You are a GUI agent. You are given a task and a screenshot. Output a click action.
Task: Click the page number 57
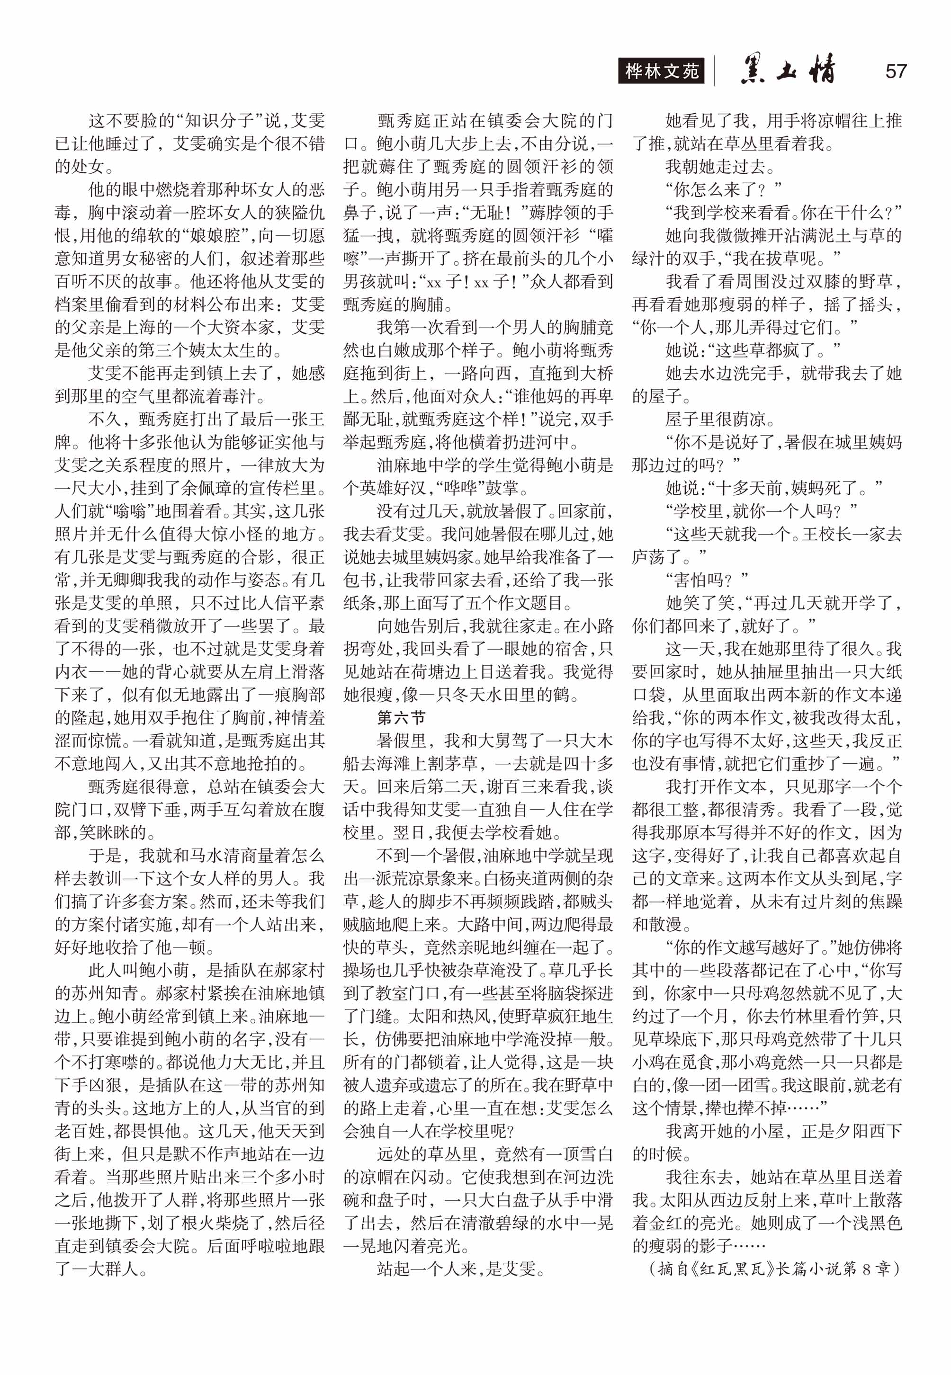coord(896,71)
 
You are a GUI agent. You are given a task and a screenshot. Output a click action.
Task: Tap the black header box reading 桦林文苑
coord(661,71)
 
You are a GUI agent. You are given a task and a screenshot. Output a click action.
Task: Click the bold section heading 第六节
coord(401,717)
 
